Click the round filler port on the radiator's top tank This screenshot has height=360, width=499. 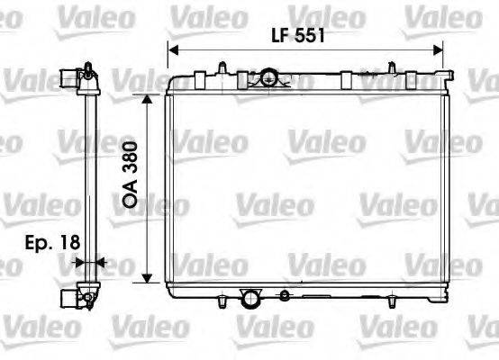pos(267,78)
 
